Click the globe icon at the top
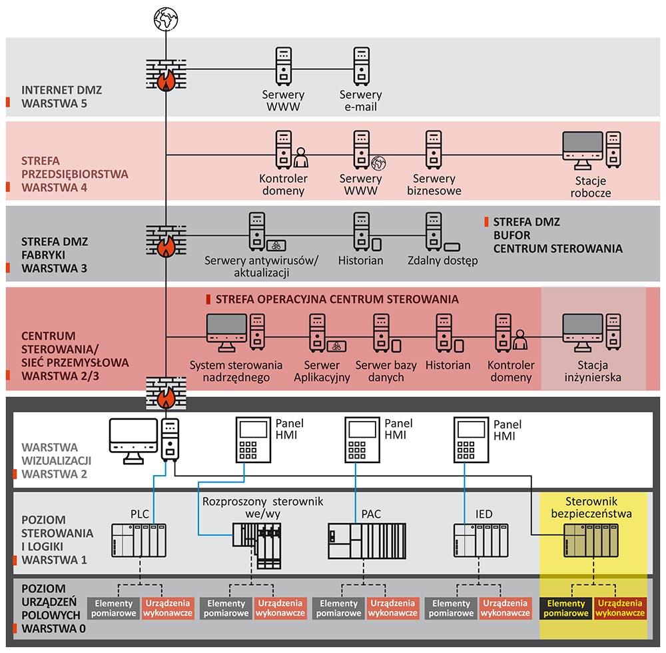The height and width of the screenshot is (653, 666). (x=165, y=19)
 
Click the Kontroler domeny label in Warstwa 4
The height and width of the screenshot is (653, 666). (x=283, y=185)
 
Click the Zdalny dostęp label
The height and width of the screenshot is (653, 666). (x=443, y=261)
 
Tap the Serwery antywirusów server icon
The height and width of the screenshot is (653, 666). (x=257, y=231)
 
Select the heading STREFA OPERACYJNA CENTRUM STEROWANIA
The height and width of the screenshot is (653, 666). (x=337, y=299)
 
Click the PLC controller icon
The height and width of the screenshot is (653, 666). (x=139, y=540)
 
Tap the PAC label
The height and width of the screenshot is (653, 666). (x=371, y=514)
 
